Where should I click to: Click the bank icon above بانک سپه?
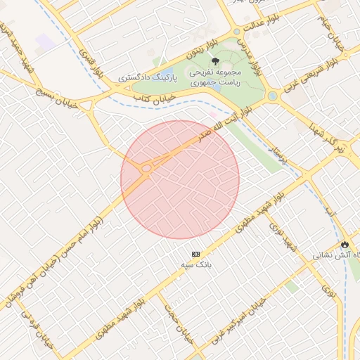[195, 254]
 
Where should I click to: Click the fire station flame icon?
[345, 244]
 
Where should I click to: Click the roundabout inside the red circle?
[146, 169]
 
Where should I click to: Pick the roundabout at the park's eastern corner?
[272, 96]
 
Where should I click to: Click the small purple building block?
[46, 42]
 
